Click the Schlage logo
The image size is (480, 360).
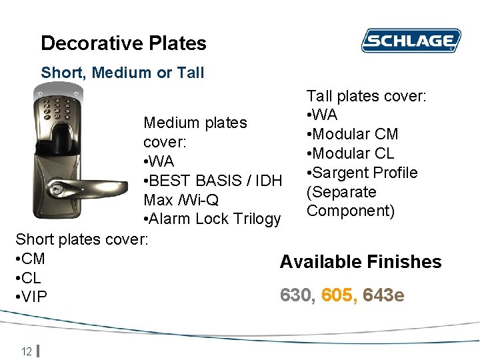pos(411,41)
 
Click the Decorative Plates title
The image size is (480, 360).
pos(123,43)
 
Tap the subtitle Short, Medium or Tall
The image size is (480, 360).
pos(123,73)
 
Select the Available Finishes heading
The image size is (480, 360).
pos(361,262)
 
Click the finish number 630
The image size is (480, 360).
pos(297,295)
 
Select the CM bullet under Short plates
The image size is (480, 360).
pos(30,259)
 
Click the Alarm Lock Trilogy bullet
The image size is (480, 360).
pos(212,219)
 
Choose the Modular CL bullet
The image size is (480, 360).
pos(350,153)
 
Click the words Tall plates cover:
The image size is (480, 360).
pos(366,96)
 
